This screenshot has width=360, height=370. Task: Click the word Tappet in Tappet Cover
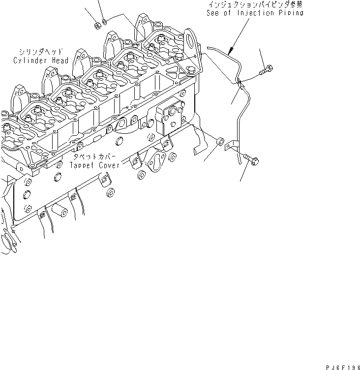pyautogui.click(x=85, y=166)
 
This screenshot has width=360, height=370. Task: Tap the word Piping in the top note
pyautogui.click(x=290, y=13)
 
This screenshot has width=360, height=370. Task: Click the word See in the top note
pyautogui.click(x=215, y=13)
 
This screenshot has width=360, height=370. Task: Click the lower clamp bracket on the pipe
pyautogui.click(x=232, y=146)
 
